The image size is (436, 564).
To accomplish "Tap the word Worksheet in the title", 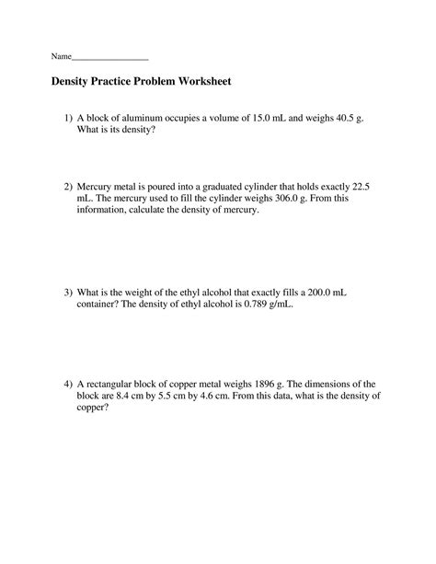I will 208,82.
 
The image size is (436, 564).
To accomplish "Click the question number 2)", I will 67,185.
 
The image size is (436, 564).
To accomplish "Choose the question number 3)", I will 67,292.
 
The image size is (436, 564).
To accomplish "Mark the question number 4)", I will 67,382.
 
